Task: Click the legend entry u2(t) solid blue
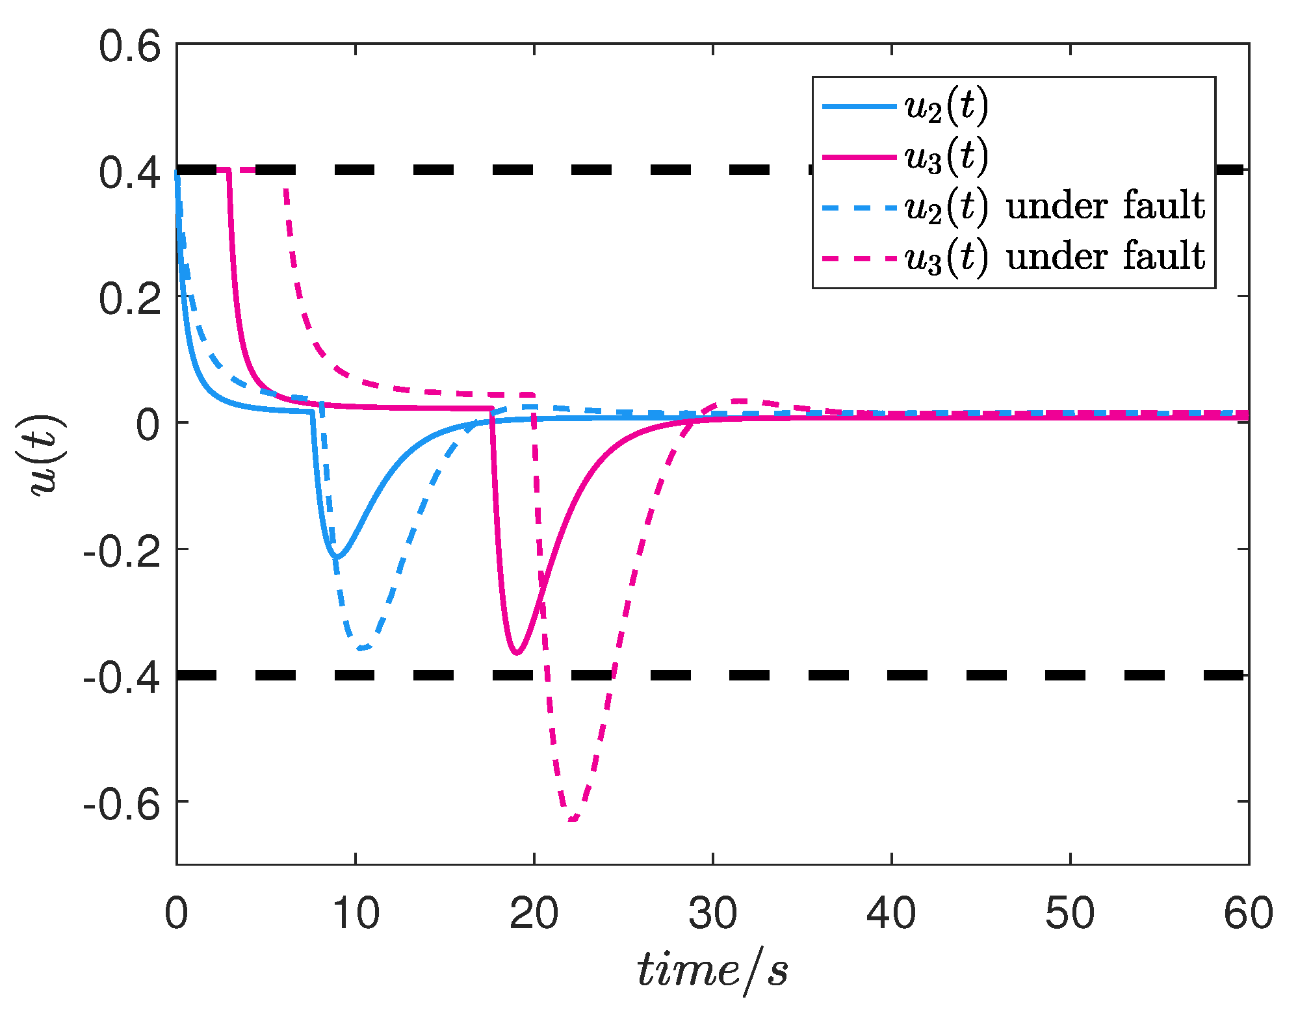[946, 107]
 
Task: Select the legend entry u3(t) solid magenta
[946, 157]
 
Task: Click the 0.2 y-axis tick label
[129, 300]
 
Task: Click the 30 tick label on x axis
[713, 913]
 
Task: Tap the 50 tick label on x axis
[1070, 913]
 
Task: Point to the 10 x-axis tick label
[356, 913]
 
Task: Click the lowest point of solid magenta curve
[517, 653]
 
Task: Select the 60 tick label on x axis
[1247, 913]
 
